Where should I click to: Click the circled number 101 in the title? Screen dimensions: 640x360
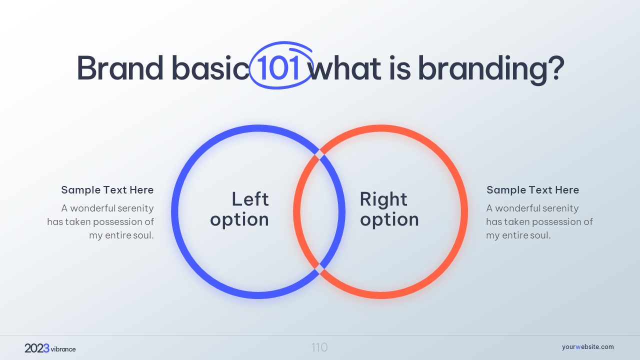pos(278,67)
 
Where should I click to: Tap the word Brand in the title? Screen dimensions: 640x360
pos(120,67)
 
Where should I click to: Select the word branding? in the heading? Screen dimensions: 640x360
pos(491,70)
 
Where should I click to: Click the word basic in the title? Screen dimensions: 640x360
pos(210,67)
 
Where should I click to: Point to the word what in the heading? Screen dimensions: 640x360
pos(345,68)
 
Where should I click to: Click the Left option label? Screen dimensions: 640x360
pos(239,209)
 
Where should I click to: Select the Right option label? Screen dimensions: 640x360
pos(389,209)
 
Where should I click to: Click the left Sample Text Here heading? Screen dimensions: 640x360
pos(107,190)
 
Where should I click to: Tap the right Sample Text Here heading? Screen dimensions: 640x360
pos(532,190)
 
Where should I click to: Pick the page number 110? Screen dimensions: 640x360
pos(319,347)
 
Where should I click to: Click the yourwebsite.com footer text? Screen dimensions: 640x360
pos(587,347)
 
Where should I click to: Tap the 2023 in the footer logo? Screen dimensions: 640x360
pos(37,348)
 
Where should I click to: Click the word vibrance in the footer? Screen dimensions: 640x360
pos(63,349)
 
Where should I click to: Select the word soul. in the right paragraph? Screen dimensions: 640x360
pos(540,235)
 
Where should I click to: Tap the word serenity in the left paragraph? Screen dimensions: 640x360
pos(135,208)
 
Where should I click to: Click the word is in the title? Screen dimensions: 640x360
pos(399,68)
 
